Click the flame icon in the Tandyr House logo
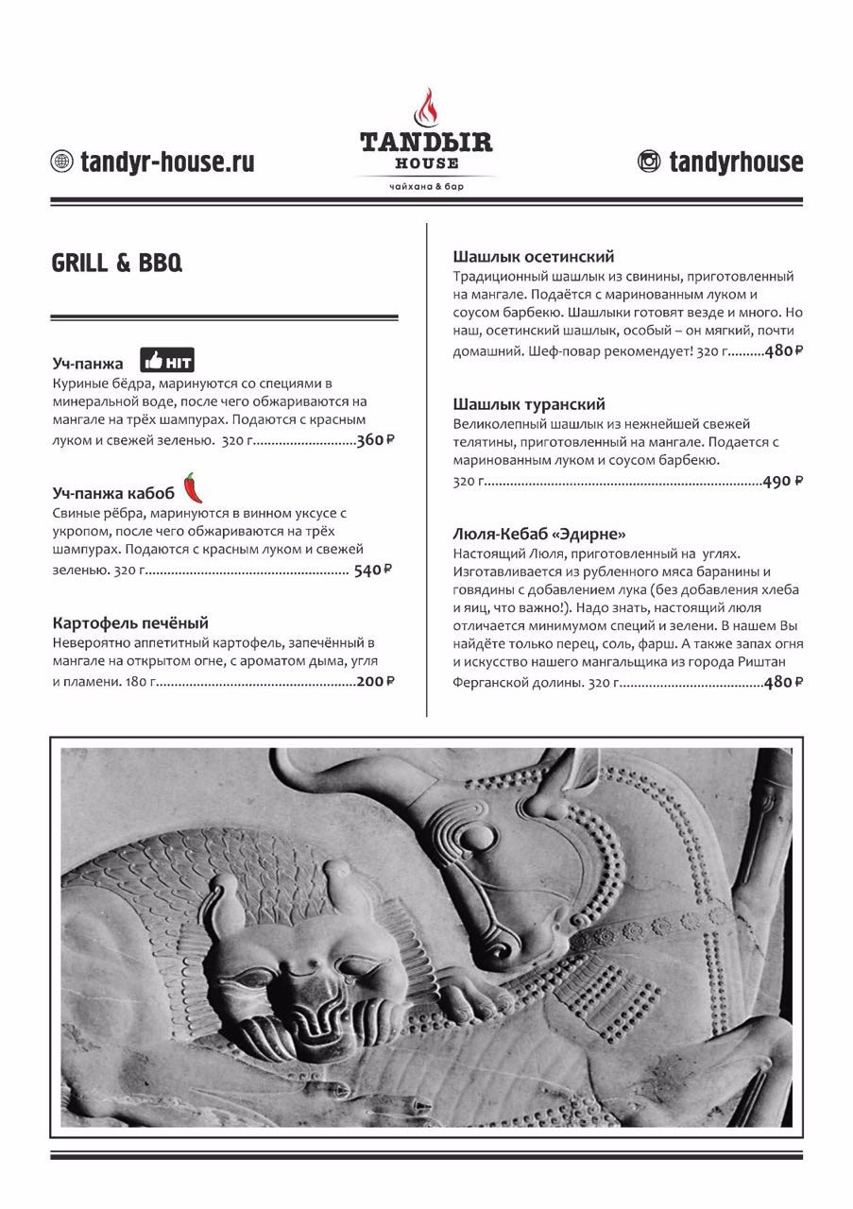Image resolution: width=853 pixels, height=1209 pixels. tap(426, 110)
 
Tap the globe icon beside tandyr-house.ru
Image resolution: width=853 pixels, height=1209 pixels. tap(61, 162)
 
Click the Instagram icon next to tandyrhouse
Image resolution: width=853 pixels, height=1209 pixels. tap(649, 162)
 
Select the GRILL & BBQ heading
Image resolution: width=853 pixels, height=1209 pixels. tap(116, 264)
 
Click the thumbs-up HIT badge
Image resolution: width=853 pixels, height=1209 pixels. tap(167, 361)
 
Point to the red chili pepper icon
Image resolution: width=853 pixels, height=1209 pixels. tap(193, 487)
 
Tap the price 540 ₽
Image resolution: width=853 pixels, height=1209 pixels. tap(372, 570)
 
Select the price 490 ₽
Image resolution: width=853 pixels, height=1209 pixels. tap(782, 481)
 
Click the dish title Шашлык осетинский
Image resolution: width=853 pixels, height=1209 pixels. tap(534, 256)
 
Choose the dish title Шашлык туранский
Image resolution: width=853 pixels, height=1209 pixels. tap(529, 404)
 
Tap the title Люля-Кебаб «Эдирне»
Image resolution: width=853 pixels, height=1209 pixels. tap(539, 534)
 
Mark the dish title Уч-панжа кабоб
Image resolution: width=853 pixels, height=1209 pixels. tap(113, 493)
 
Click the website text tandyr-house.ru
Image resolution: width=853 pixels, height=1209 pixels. tap(167, 162)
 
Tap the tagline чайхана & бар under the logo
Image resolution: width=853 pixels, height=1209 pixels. tap(426, 186)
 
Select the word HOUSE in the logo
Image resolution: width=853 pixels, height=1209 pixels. tap(426, 163)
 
